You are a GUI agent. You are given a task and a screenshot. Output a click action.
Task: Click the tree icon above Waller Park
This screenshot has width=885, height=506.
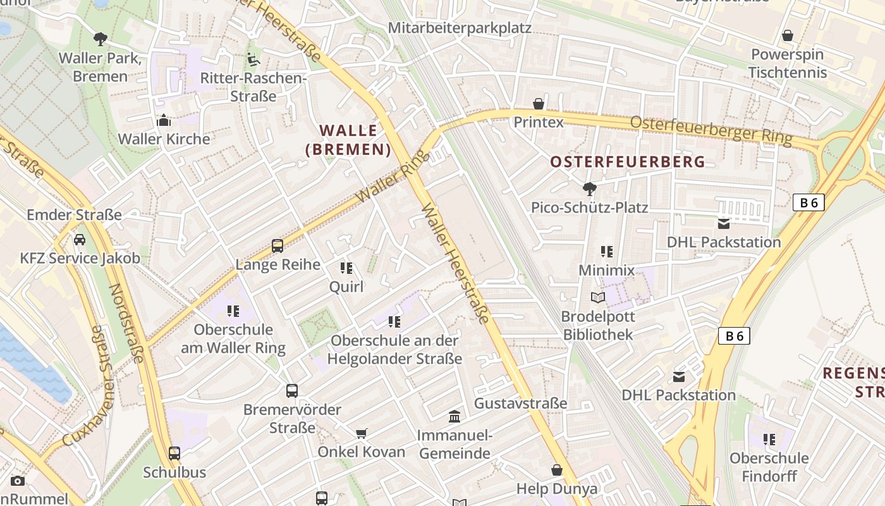click(x=100, y=39)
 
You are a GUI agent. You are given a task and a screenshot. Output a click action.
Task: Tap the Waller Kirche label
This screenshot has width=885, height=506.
click(x=164, y=139)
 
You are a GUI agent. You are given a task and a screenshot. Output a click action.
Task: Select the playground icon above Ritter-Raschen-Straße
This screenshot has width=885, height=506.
click(x=253, y=59)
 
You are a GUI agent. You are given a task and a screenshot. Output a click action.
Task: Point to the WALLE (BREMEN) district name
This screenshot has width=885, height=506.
click(x=348, y=140)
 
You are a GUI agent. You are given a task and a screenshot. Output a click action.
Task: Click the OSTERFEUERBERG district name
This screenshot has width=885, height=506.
click(x=627, y=162)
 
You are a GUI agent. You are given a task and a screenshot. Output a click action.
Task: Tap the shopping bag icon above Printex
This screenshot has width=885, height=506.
click(x=539, y=103)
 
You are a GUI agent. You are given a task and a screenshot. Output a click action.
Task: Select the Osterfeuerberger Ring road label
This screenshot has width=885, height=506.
click(x=711, y=130)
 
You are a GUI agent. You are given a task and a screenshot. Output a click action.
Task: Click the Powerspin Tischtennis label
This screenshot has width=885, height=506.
click(x=787, y=64)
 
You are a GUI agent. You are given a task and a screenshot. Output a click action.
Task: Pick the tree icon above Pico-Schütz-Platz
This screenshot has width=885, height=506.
click(x=589, y=188)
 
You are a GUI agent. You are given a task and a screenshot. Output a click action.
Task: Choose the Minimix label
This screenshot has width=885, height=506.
click(x=606, y=271)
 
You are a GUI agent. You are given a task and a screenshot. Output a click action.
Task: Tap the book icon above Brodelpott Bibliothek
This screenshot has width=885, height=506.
click(x=597, y=297)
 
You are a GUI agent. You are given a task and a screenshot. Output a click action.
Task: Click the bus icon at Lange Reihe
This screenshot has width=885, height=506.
click(x=278, y=245)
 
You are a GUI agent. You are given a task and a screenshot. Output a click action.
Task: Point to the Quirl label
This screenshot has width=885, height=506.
click(x=346, y=287)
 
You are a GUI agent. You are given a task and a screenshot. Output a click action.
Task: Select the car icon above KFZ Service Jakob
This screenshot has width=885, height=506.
click(x=80, y=240)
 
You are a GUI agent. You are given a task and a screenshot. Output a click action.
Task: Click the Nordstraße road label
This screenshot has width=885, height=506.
click(x=126, y=323)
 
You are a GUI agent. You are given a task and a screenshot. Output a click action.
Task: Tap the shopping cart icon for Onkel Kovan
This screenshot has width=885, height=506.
click(x=361, y=433)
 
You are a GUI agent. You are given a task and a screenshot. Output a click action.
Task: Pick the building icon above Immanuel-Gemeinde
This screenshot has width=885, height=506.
click(x=454, y=416)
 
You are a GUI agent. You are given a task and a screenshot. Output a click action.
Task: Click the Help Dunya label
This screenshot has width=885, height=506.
click(x=556, y=489)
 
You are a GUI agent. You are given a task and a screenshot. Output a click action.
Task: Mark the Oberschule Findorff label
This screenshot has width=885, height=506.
click(x=769, y=467)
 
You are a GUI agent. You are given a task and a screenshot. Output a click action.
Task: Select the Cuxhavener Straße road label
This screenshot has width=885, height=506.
click(x=88, y=386)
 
